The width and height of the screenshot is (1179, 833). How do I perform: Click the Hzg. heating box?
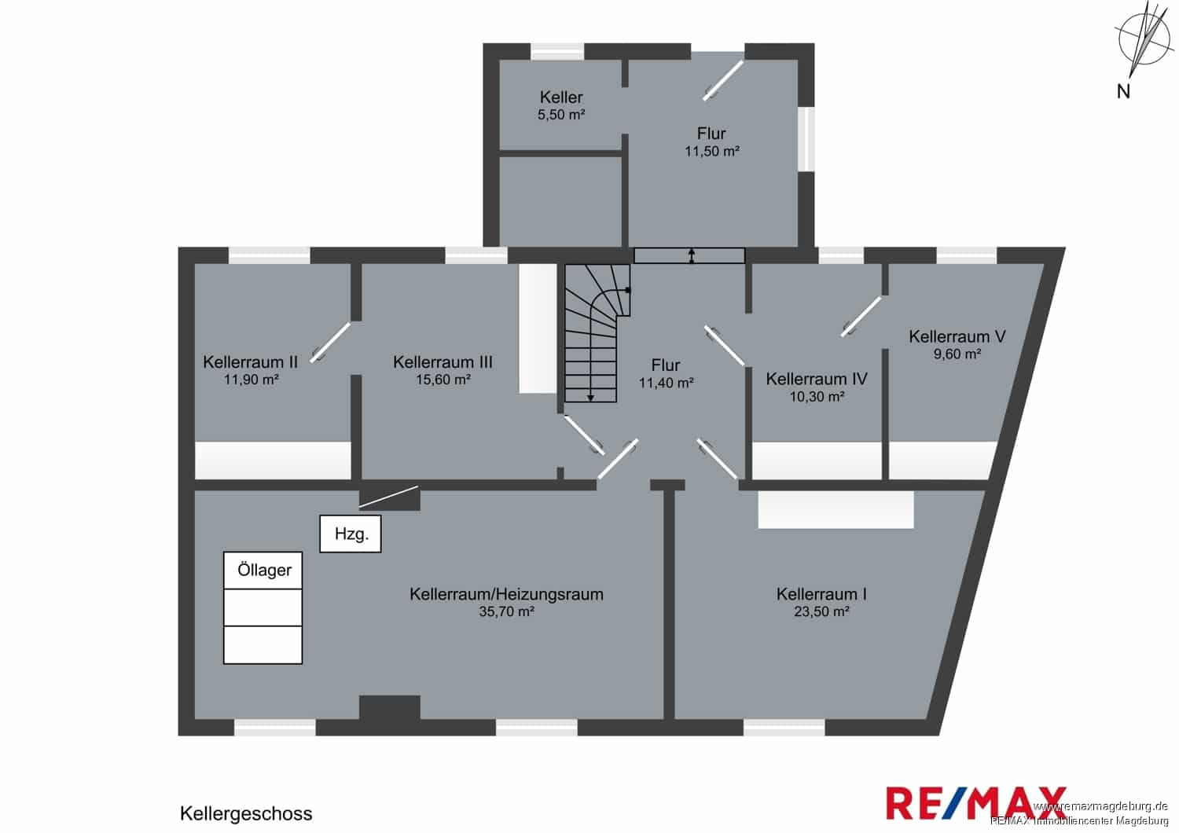click(x=350, y=534)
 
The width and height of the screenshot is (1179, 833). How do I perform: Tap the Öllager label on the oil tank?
click(x=264, y=570)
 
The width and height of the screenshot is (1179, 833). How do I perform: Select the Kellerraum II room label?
click(x=251, y=362)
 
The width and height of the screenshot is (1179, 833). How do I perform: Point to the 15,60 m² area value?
click(x=443, y=380)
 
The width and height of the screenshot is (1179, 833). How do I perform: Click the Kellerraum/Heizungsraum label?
click(x=506, y=594)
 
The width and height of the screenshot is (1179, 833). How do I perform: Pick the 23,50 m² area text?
click(x=821, y=611)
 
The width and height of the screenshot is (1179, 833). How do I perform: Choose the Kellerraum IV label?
click(x=817, y=379)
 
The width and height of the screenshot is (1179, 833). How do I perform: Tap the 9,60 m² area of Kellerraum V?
click(x=957, y=354)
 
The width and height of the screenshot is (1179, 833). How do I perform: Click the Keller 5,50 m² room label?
click(x=561, y=105)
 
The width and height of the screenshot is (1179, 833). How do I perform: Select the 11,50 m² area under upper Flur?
click(x=712, y=152)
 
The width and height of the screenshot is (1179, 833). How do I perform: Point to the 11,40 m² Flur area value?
click(x=667, y=383)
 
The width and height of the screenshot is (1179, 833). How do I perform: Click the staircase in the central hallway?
click(x=597, y=333)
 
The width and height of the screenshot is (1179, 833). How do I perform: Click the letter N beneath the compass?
click(x=1123, y=92)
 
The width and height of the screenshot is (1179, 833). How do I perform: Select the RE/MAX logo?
click(x=976, y=803)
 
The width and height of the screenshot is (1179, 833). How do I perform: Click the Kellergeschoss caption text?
click(x=246, y=813)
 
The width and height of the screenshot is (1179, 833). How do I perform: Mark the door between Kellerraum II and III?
click(x=330, y=343)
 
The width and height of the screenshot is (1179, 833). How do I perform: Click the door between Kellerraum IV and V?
click(x=861, y=317)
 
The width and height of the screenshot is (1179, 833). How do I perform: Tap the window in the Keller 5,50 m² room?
click(x=557, y=52)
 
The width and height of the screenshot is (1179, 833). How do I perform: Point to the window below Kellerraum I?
click(x=784, y=727)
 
